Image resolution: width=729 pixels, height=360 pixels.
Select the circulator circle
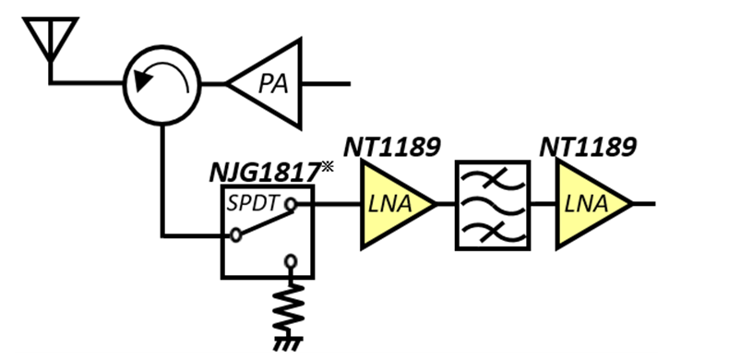(x=161, y=84)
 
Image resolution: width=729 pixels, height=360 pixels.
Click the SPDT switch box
(x=268, y=231)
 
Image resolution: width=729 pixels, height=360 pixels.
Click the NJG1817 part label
(x=266, y=172)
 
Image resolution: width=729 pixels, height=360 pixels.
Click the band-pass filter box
(x=494, y=204)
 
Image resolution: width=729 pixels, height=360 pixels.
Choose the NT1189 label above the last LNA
(x=588, y=147)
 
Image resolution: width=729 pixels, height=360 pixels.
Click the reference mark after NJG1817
(x=328, y=166)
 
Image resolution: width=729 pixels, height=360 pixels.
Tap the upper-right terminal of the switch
(x=293, y=204)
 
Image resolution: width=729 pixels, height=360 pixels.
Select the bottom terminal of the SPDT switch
(x=293, y=262)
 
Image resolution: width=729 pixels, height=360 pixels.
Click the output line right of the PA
(x=328, y=84)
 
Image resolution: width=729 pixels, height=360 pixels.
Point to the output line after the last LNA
(x=645, y=204)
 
